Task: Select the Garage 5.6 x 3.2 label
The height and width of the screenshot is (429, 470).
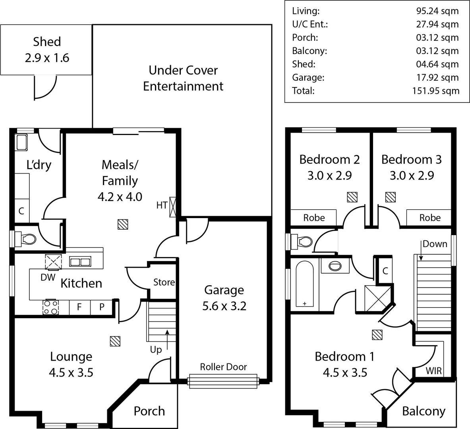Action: [224, 298]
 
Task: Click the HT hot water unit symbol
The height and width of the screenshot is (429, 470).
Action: [173, 207]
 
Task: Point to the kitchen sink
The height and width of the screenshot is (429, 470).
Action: [80, 262]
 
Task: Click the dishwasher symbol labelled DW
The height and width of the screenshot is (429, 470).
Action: [53, 262]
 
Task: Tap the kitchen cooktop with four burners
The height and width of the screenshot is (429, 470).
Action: [51, 307]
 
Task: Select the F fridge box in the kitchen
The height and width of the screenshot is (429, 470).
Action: [79, 307]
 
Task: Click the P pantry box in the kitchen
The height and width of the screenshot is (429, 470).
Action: [102, 307]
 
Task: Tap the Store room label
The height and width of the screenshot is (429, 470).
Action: [164, 282]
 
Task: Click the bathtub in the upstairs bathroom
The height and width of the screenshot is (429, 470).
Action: [305, 285]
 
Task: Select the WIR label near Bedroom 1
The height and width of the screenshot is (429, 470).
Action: [433, 371]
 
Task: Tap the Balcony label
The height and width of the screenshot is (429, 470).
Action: [424, 411]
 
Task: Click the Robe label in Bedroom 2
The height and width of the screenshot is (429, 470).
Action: [314, 218]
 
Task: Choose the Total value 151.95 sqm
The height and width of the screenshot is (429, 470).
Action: [435, 91]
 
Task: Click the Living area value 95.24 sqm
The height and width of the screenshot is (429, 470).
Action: [437, 11]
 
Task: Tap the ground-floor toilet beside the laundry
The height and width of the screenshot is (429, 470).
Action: [27, 239]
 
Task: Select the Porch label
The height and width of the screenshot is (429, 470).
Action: [149, 411]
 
